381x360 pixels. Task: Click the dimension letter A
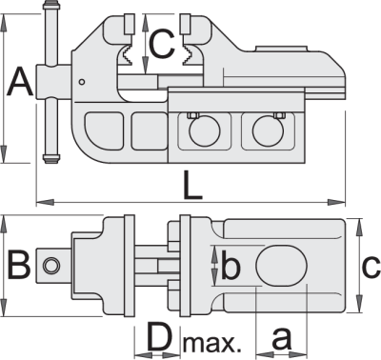[20, 82]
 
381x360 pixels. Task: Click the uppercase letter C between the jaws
[162, 44]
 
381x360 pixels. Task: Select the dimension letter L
[192, 186]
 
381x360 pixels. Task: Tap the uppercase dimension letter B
[19, 265]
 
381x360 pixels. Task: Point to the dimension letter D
[160, 337]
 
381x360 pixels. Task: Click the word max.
[211, 344]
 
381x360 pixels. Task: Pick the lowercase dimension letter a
[281, 339]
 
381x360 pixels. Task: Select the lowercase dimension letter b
[231, 265]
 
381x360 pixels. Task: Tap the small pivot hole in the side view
[82, 82]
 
